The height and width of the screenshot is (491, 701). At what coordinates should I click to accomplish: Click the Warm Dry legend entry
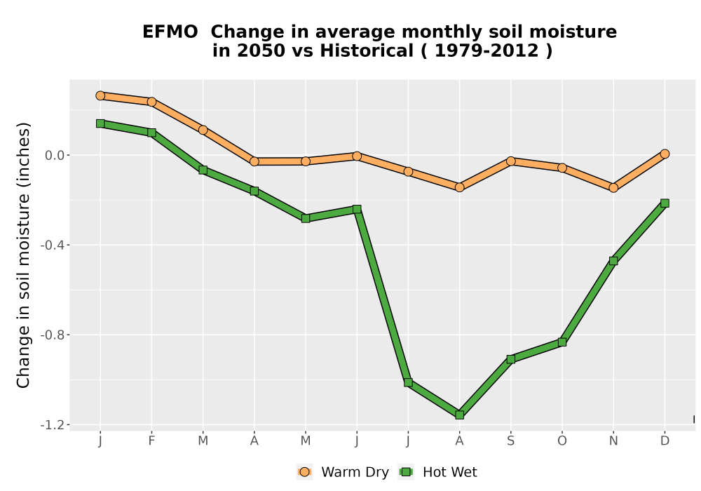(x=343, y=472)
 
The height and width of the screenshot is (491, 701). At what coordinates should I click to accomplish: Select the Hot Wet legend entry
(x=438, y=472)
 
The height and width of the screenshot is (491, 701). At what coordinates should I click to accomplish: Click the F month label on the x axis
(x=151, y=441)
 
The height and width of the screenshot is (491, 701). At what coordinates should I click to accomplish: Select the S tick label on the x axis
(x=510, y=441)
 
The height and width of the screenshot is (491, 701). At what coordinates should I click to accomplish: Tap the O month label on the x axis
(x=562, y=441)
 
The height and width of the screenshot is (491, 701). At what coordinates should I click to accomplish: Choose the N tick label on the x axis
(x=613, y=441)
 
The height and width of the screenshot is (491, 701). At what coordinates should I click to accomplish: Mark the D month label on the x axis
(x=665, y=441)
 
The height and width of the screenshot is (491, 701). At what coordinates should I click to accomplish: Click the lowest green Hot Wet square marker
(x=460, y=415)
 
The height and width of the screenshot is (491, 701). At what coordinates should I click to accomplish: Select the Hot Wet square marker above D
(x=665, y=203)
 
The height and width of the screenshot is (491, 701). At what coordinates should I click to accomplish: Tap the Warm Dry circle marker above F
(x=151, y=102)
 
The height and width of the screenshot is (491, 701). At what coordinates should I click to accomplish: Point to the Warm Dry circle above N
(x=613, y=188)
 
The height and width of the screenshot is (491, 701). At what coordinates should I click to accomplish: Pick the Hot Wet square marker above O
(x=562, y=342)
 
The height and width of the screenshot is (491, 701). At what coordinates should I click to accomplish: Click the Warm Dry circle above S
(x=510, y=161)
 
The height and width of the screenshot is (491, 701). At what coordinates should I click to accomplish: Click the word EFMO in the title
(x=170, y=32)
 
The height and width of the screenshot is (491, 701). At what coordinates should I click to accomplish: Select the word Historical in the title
(x=367, y=51)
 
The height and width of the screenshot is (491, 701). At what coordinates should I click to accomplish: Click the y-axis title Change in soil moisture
(x=23, y=255)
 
